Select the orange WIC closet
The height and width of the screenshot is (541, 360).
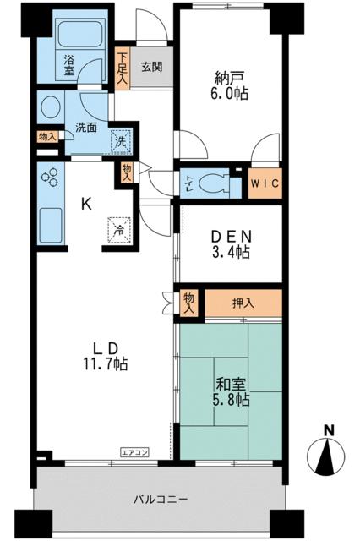click(265, 183)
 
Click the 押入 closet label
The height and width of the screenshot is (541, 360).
click(243, 303)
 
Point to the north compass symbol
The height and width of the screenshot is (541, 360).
click(325, 453)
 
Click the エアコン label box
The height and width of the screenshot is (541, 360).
click(134, 451)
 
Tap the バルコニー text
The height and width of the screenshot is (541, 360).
click(161, 499)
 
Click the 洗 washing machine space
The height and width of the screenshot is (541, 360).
click(121, 141)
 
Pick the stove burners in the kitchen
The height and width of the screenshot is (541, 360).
click(50, 177)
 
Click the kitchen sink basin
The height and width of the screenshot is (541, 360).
click(51, 226)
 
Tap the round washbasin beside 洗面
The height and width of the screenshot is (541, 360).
click(51, 107)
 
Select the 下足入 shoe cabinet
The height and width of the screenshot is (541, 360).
click(122, 68)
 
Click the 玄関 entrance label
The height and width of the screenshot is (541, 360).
click(152, 66)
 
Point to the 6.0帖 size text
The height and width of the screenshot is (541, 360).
click(230, 92)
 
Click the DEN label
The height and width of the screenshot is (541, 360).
click(231, 237)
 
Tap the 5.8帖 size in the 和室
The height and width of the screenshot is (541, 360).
click(231, 400)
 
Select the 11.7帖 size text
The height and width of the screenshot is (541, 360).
click(105, 363)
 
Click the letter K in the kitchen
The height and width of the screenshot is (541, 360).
click(86, 204)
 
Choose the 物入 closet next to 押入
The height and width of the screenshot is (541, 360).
click(188, 303)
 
